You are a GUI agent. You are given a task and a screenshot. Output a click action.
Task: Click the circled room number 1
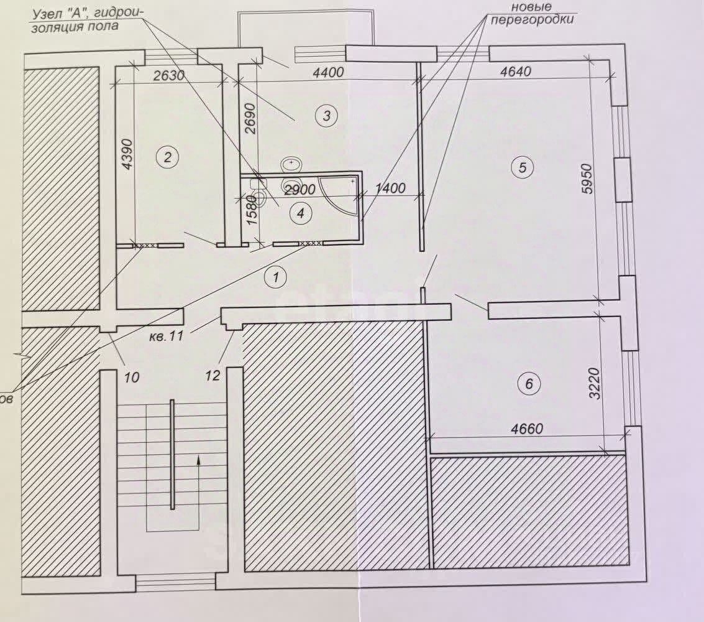point(275,277)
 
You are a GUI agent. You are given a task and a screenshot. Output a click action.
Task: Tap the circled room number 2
point(167,156)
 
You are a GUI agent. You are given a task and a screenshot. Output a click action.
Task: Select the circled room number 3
point(326,115)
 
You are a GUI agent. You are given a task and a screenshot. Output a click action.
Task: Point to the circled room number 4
point(301,213)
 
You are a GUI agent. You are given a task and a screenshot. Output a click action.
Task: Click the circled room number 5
point(522,167)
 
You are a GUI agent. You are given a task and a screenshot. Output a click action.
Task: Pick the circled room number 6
point(529,384)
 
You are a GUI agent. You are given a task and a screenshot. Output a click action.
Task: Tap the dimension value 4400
point(327,72)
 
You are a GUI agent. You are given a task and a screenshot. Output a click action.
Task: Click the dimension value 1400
point(390,188)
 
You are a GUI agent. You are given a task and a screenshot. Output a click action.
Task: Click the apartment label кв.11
point(165,338)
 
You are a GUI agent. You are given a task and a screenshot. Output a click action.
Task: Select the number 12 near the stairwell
point(213,376)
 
